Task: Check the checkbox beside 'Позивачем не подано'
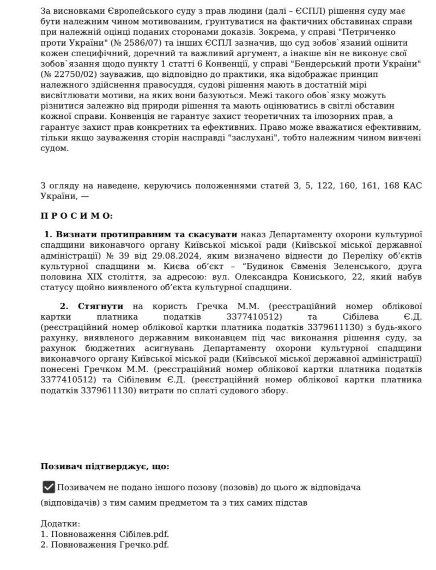coord(49,487)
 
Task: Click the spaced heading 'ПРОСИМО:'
coord(76,216)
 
